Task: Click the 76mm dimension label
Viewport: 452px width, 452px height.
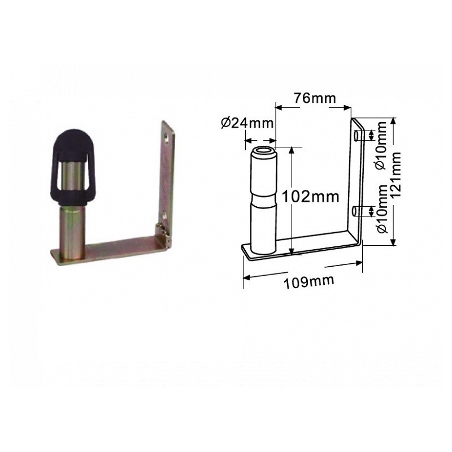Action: point(314,98)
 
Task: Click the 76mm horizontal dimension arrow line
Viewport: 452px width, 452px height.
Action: point(314,107)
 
